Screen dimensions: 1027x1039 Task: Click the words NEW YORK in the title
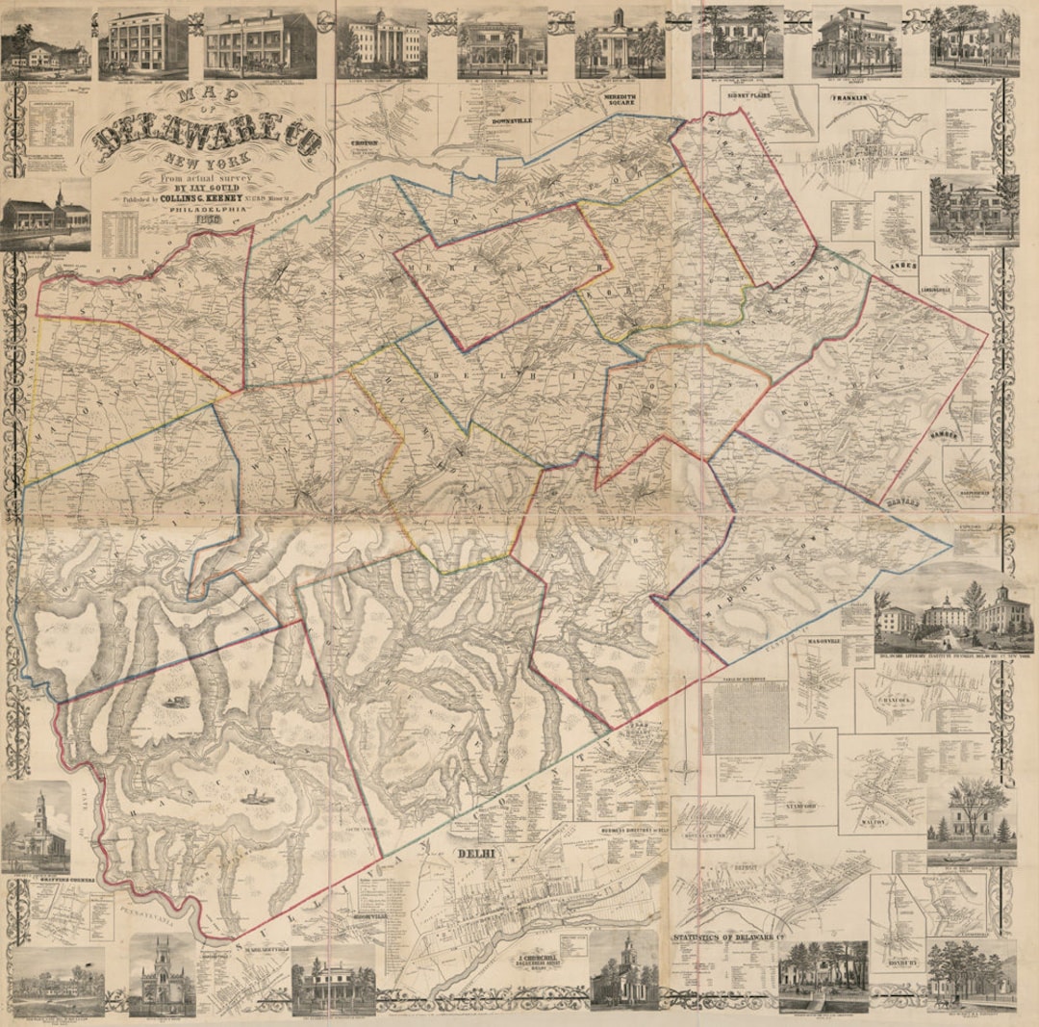pos(205,160)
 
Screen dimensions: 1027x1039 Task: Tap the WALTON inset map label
pos(874,823)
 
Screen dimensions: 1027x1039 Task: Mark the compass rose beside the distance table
pos(684,769)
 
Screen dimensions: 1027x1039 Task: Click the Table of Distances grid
pos(746,718)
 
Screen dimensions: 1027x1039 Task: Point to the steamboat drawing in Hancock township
pos(255,797)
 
